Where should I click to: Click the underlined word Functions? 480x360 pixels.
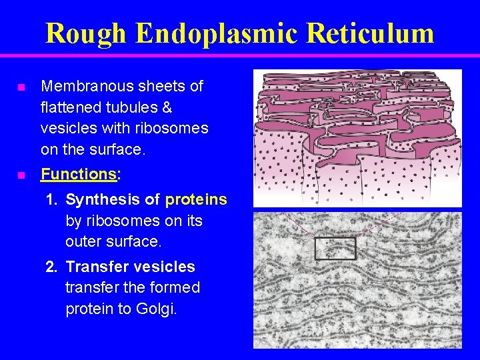(79, 175)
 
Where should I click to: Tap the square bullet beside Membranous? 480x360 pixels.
(21, 87)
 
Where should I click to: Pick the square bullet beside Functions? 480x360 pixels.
(21, 176)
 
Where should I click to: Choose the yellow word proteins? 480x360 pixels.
(196, 199)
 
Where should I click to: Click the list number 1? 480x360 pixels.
(51, 199)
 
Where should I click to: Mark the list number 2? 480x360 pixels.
(51, 267)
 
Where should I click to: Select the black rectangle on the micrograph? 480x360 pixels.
(335, 248)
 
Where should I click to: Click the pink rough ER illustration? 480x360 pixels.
(358, 137)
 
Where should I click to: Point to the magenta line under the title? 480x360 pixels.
(240, 55)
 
